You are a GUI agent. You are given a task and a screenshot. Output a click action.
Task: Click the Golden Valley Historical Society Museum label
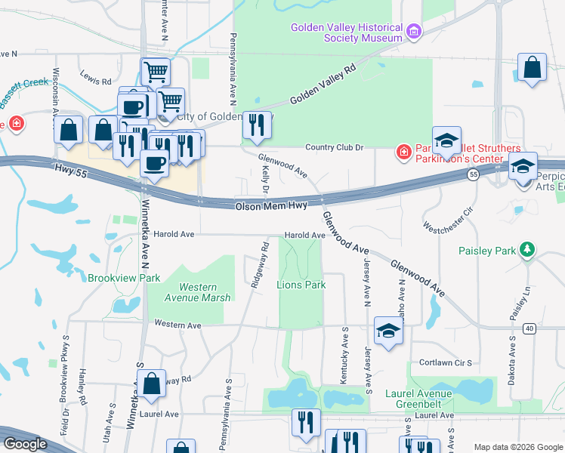tap(347, 32)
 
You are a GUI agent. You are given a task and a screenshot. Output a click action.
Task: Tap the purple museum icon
tap(413, 32)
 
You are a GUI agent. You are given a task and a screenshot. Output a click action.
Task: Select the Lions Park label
tap(301, 285)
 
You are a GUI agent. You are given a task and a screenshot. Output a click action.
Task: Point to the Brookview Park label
tap(124, 278)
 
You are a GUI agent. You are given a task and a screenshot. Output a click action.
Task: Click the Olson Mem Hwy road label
tap(271, 206)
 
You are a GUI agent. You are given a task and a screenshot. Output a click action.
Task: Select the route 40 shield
tap(528, 328)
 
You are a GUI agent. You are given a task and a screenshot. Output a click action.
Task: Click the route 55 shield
tap(472, 174)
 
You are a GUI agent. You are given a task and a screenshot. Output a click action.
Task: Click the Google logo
tap(25, 444)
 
